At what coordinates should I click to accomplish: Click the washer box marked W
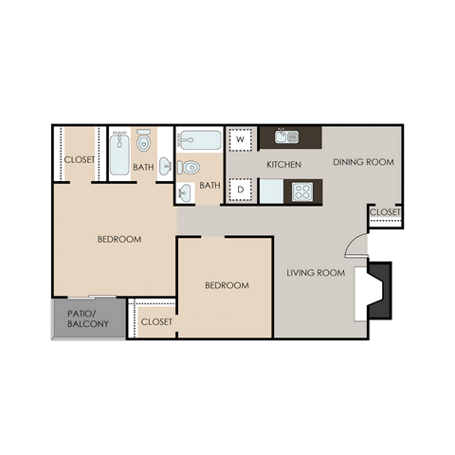click(241, 139)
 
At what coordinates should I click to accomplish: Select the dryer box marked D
click(241, 190)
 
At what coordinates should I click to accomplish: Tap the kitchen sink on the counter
click(287, 136)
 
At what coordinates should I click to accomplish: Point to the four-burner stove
click(303, 191)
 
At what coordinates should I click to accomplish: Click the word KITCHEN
click(283, 165)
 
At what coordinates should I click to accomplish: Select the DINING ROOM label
click(363, 162)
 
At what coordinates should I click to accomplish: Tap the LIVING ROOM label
click(315, 274)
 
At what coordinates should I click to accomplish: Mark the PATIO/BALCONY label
click(87, 318)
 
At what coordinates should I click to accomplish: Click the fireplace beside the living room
click(375, 289)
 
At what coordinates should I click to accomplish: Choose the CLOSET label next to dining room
click(385, 212)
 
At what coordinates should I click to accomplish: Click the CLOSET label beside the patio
click(156, 322)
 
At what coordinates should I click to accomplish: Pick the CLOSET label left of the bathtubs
click(79, 160)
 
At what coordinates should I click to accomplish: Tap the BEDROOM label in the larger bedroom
click(119, 239)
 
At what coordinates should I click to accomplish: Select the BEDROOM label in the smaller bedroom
click(227, 285)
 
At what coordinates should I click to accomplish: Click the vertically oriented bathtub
click(118, 155)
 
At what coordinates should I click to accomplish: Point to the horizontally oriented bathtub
click(199, 141)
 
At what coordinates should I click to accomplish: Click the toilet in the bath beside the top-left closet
click(144, 142)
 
